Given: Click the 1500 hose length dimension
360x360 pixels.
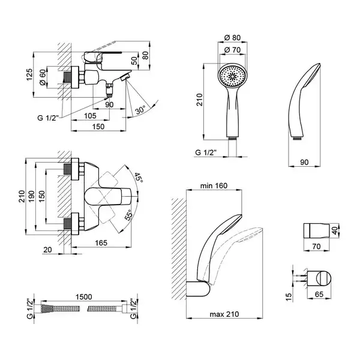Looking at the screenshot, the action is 84,297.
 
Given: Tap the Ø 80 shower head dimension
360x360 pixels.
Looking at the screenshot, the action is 232,38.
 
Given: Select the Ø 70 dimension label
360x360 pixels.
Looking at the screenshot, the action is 232,50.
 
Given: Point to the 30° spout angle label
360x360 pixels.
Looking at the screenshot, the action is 140,110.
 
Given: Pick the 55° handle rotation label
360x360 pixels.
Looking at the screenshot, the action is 129,215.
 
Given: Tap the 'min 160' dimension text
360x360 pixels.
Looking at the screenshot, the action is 214,185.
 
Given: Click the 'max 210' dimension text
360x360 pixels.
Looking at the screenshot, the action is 224,314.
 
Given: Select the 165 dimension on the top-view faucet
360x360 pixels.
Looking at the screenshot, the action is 101,242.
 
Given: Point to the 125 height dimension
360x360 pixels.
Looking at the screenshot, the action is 29,74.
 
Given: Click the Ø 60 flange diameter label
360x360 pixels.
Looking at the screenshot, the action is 43,77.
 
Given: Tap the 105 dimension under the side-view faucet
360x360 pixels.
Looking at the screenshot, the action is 90,116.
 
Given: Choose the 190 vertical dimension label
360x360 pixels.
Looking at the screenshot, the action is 31,197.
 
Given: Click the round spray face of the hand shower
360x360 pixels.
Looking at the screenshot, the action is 233,76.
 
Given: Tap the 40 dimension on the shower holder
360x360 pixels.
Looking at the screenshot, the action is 335,230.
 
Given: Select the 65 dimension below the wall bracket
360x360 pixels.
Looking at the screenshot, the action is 319,294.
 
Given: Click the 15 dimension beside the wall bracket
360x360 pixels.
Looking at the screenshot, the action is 289,297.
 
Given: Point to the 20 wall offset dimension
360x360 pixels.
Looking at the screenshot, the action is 47,250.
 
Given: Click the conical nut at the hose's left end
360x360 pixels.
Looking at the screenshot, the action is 47,308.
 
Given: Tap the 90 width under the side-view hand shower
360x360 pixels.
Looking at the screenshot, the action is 304,162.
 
